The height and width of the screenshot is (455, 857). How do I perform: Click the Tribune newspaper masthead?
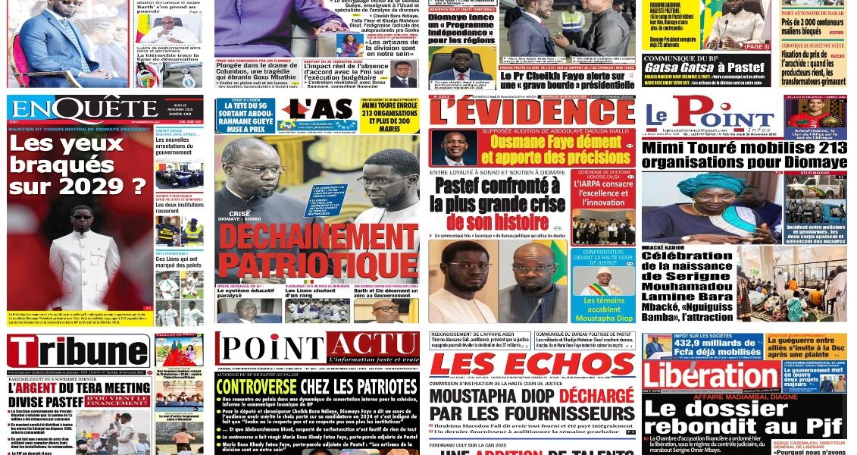click(x=78, y=352)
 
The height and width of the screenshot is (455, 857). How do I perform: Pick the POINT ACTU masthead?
click(x=316, y=347)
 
